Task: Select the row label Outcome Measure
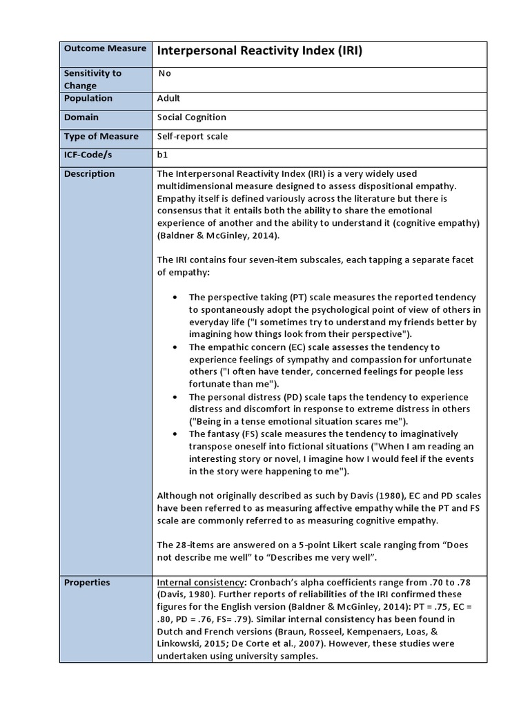[105, 48]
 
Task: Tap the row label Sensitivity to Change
[92, 79]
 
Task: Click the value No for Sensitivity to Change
[165, 73]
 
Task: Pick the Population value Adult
[169, 98]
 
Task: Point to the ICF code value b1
[163, 155]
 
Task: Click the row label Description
[89, 174]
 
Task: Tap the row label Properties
[87, 582]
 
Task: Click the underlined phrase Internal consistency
[201, 582]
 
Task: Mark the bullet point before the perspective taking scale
[175, 297]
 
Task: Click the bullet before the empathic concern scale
[175, 347]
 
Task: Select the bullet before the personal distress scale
[175, 398]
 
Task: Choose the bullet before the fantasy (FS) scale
[175, 434]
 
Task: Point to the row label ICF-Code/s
[88, 155]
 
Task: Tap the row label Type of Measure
[101, 137]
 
